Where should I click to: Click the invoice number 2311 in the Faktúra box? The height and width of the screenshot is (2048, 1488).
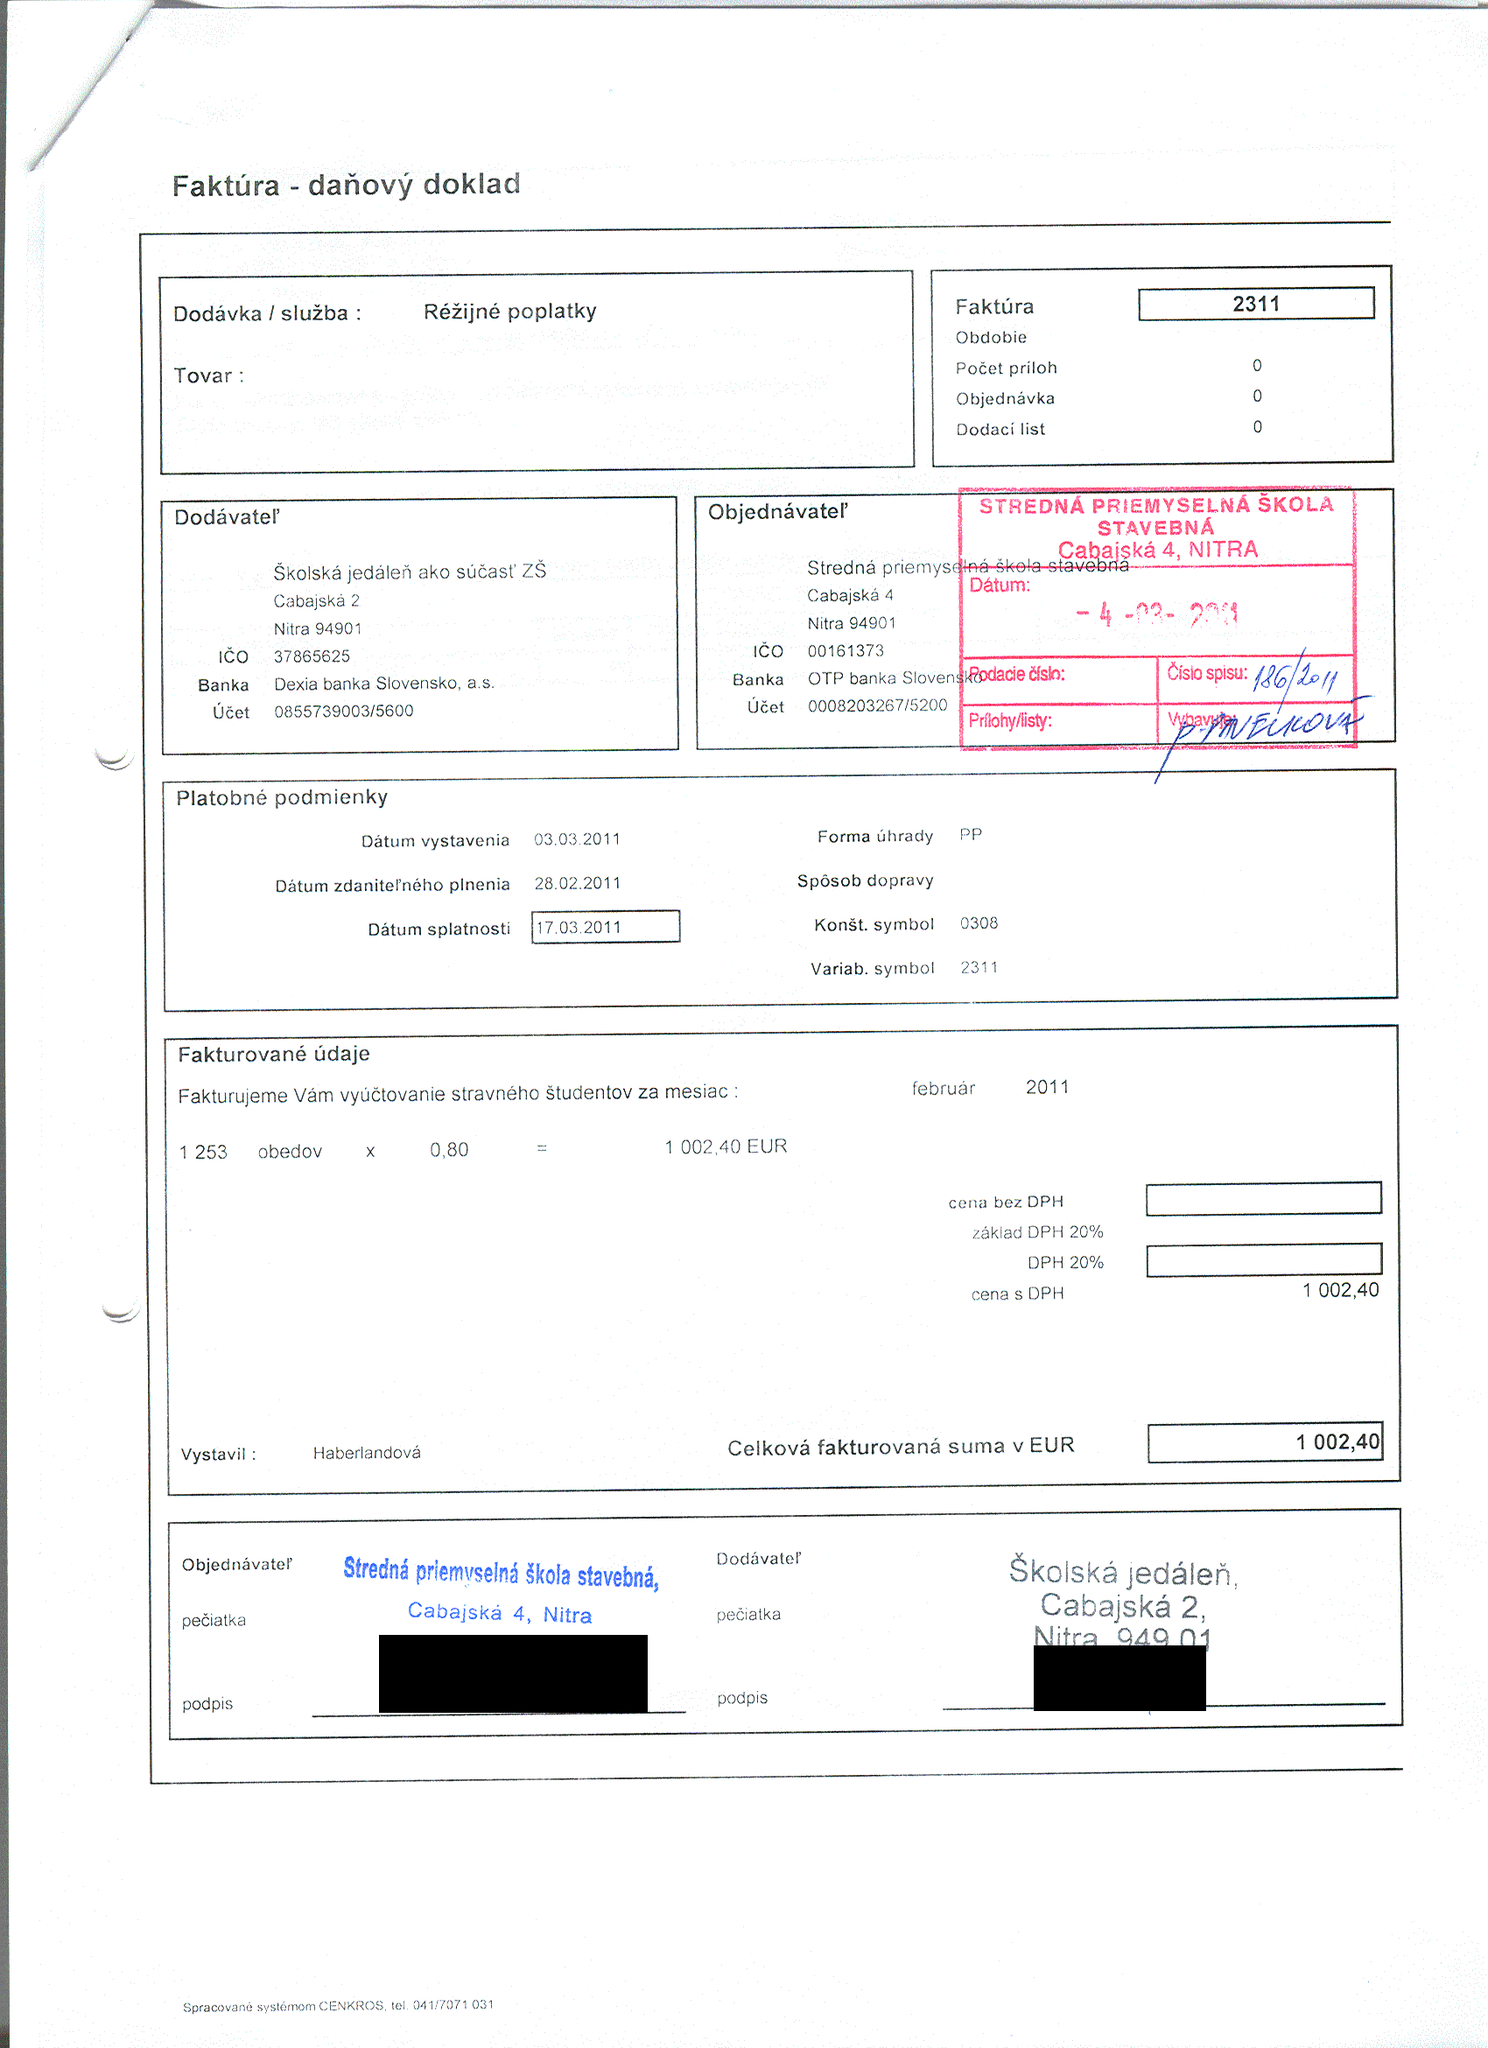point(1255,304)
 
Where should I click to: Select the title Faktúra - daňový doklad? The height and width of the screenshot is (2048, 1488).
point(346,186)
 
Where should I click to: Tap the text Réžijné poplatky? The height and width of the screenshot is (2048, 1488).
point(509,312)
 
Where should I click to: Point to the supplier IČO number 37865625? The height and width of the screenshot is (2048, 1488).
point(312,656)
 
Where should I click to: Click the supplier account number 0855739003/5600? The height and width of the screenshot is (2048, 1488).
point(343,712)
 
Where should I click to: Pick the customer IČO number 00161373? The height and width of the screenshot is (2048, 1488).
point(846,651)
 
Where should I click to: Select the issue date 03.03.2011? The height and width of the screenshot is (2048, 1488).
point(577,840)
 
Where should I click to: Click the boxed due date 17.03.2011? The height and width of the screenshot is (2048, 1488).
point(604,928)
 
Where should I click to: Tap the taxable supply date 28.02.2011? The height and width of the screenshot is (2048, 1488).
point(577,883)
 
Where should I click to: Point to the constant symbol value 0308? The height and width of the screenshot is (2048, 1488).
point(979,922)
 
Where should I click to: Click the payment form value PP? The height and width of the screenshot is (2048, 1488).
point(971,834)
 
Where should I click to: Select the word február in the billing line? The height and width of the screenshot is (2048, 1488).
point(943,1089)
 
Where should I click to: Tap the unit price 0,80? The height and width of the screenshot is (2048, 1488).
point(449,1150)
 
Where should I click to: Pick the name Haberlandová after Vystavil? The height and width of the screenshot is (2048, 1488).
point(367,1453)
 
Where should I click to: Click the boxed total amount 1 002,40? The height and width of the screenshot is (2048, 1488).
point(1264,1442)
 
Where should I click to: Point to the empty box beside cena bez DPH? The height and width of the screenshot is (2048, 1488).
point(1263,1198)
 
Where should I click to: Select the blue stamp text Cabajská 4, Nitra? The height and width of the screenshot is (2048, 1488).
point(499,1613)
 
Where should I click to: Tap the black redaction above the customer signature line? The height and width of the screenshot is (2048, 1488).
point(513,1673)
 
